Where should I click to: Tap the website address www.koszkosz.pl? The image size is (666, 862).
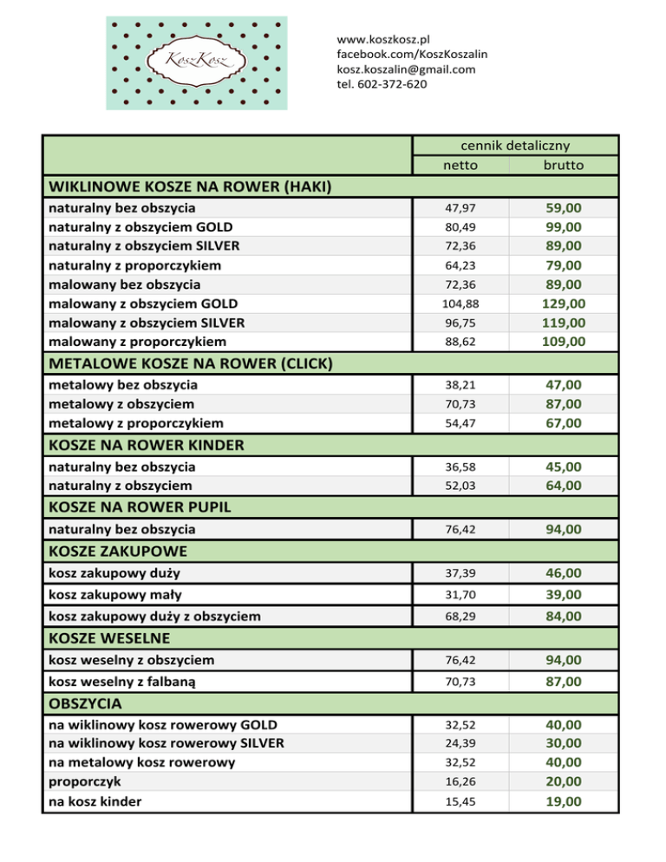coord(384,40)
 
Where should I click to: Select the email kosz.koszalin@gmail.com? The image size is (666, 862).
coord(406,69)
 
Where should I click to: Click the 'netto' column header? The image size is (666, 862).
coord(460,165)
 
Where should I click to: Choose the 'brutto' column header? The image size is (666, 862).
coord(563,165)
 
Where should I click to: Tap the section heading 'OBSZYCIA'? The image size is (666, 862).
coord(85,702)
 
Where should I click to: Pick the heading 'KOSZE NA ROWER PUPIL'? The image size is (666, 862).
coord(131,506)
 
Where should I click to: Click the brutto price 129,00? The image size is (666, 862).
coord(563,304)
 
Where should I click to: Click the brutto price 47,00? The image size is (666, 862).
coord(563,384)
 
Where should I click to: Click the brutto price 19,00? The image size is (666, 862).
coord(563,801)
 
